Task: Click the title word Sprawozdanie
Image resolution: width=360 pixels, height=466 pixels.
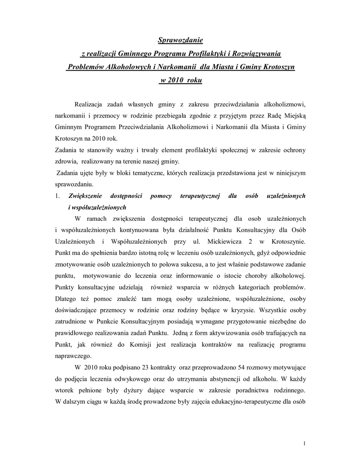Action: (180, 41)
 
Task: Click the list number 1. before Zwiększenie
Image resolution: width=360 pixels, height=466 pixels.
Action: (57, 196)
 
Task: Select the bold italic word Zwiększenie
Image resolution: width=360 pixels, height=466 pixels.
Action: (85, 196)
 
